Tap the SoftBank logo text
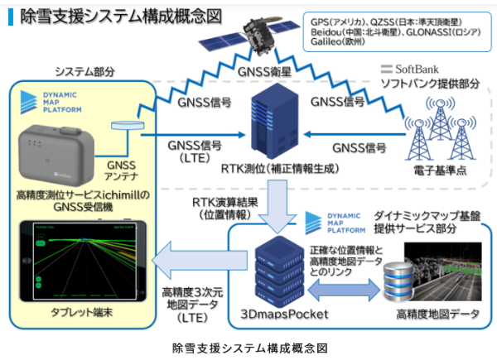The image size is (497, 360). [x=414, y=68]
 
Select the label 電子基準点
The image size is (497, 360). [x=438, y=175]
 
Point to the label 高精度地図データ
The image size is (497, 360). [x=434, y=314]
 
